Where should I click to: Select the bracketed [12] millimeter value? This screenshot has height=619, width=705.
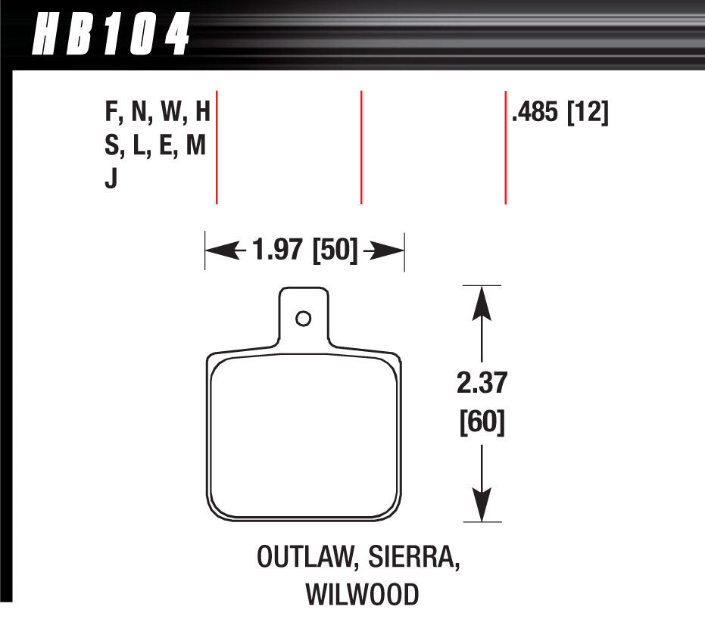click(588, 114)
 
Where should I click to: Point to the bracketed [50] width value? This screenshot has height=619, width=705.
click(333, 250)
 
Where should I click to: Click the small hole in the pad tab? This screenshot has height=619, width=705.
click(303, 319)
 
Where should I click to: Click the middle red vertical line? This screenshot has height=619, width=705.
click(361, 147)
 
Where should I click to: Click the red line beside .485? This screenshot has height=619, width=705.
click(505, 147)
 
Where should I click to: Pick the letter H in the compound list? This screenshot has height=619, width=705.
click(201, 114)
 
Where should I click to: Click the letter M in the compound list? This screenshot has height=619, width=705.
click(196, 147)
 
